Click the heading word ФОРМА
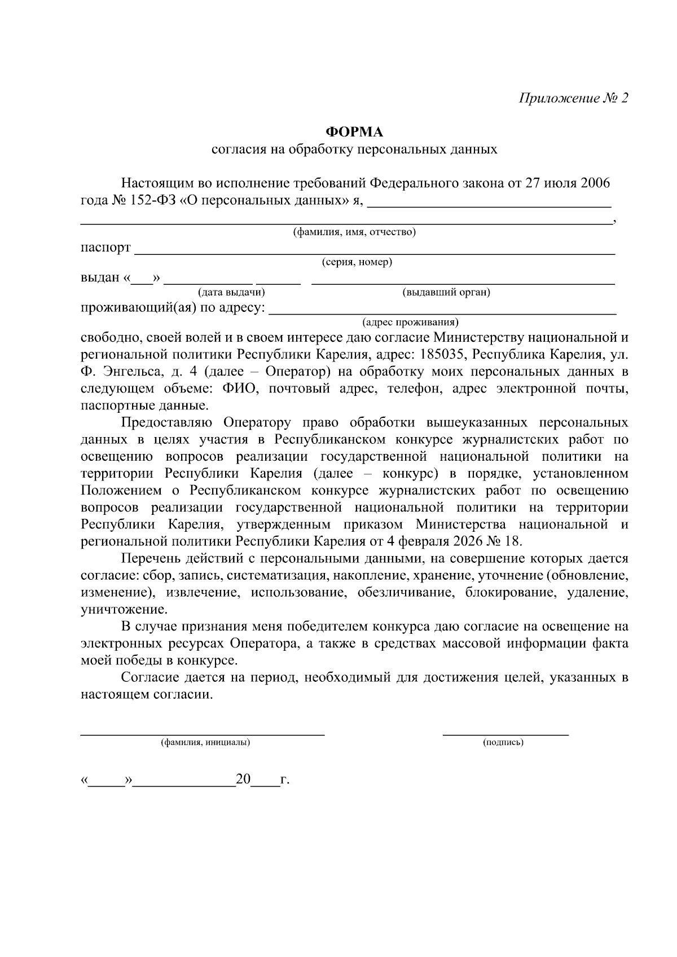coord(354,132)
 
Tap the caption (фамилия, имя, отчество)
coord(354,232)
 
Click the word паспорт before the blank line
coord(105,248)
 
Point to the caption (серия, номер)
coord(357,262)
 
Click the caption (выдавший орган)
coord(446,292)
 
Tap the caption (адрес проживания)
coord(410,323)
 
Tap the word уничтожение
coord(124,610)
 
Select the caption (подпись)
coord(503,743)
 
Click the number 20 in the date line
coord(243,779)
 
